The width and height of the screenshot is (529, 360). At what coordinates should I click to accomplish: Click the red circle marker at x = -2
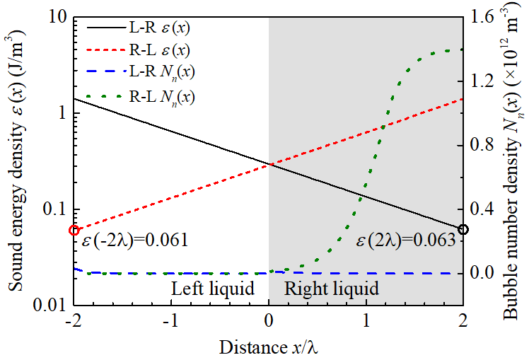[74, 231]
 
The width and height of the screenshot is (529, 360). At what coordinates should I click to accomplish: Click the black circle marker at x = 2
[463, 229]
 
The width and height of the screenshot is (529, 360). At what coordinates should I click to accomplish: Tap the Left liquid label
[213, 289]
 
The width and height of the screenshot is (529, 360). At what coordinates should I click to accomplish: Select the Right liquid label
[331, 289]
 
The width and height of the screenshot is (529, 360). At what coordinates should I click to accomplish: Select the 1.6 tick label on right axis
[483, 16]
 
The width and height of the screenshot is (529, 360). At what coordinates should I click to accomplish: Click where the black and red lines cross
[270, 165]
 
